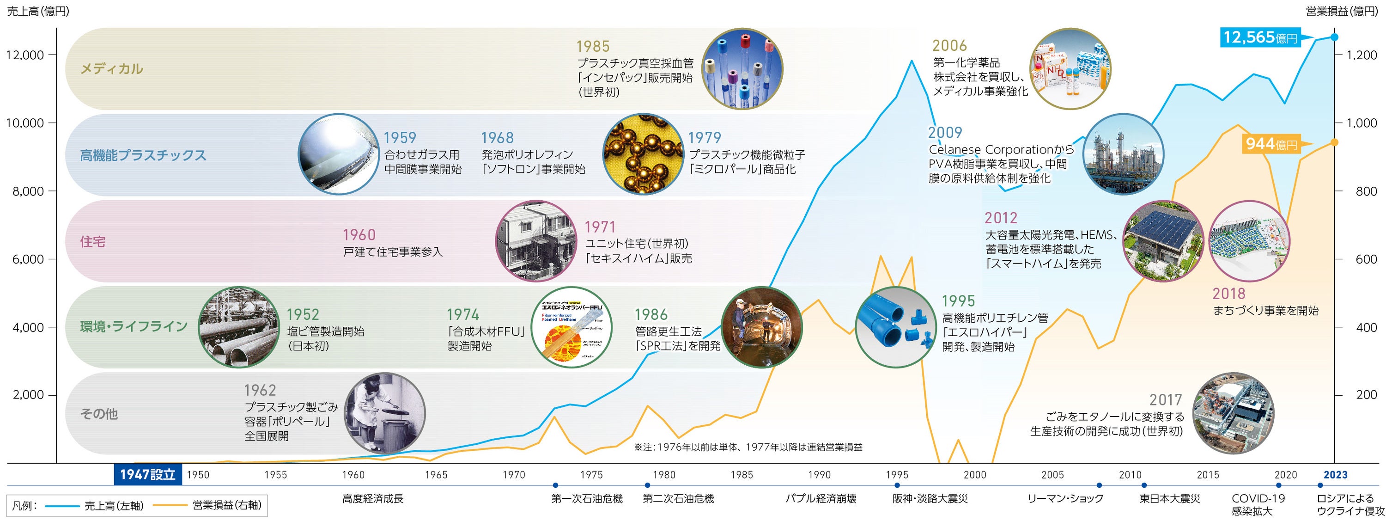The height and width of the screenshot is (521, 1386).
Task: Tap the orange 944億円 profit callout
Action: (1271, 144)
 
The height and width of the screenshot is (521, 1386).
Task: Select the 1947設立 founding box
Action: (148, 474)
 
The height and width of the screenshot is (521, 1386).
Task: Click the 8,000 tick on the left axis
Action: (25, 191)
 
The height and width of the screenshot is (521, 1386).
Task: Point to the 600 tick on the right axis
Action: (1366, 259)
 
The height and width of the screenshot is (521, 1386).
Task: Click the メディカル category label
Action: (111, 69)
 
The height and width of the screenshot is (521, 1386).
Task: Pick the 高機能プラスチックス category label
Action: (143, 155)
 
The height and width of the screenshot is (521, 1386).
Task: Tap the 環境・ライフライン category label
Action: (134, 326)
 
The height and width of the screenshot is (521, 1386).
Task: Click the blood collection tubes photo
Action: (742, 69)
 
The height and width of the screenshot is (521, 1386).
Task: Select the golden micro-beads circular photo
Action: (644, 154)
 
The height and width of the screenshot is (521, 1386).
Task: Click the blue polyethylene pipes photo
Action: (896, 327)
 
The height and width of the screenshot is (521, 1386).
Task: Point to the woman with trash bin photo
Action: (384, 413)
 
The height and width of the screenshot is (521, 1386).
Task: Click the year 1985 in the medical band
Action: (593, 47)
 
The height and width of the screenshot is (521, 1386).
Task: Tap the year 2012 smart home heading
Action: (1001, 218)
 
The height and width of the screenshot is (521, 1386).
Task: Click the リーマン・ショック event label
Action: (1065, 499)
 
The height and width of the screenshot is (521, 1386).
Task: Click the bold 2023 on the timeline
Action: (1336, 475)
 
